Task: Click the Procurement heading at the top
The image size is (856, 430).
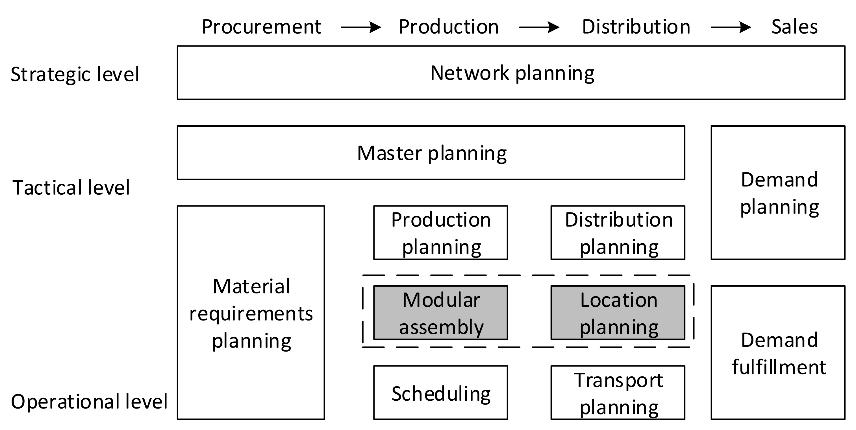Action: pos(261,27)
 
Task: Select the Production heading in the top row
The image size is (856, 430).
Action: pos(448,27)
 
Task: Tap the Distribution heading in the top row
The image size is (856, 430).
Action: pos(636,27)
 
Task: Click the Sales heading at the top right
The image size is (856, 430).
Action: pos(794,27)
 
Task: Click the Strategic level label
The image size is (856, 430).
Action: pos(75,74)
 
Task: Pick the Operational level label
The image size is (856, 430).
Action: pos(89,402)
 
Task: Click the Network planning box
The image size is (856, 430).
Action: pos(511,73)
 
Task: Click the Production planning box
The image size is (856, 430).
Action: pos(440,232)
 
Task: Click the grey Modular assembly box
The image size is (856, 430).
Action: pos(440,313)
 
